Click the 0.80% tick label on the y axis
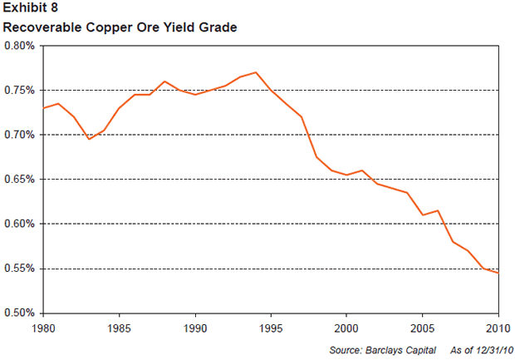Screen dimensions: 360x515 (x=21, y=46)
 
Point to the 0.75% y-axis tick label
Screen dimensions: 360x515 (x=21, y=90)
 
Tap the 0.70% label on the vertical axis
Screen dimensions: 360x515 (x=21, y=135)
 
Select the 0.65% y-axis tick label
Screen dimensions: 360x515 (x=21, y=180)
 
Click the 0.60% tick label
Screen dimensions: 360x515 (x=21, y=224)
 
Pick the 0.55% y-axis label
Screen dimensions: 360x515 (x=21, y=269)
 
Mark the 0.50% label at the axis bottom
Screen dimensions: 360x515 (x=21, y=313)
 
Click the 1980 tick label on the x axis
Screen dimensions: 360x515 (x=43, y=326)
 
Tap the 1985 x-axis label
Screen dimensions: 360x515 (x=120, y=326)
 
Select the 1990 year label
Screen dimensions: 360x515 (x=195, y=326)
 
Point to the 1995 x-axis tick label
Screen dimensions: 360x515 (x=271, y=326)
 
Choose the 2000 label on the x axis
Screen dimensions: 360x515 (x=347, y=326)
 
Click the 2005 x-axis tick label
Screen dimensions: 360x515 (x=423, y=326)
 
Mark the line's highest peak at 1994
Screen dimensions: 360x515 (x=256, y=72)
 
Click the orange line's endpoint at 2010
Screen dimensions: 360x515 (x=498, y=273)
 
